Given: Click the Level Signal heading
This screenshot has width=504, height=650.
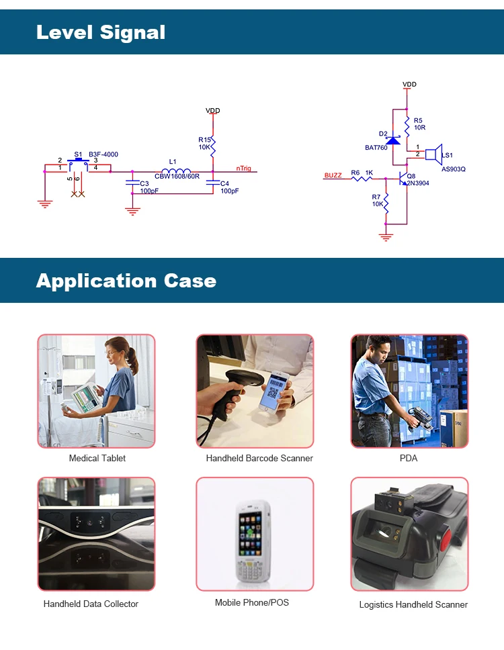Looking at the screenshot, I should pyautogui.click(x=101, y=32).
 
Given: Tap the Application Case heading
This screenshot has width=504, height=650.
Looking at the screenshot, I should pyautogui.click(x=126, y=281).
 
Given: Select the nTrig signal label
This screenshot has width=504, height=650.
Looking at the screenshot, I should pyautogui.click(x=244, y=169).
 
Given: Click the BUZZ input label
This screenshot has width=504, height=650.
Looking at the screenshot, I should pyautogui.click(x=333, y=175).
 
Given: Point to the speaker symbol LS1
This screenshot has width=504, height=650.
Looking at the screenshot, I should pyautogui.click(x=433, y=154).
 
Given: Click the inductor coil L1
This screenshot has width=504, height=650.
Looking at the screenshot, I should pyautogui.click(x=176, y=171).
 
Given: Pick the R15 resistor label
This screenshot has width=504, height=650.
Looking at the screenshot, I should pyautogui.click(x=204, y=140).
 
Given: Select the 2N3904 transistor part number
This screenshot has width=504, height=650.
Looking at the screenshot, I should pyautogui.click(x=418, y=183).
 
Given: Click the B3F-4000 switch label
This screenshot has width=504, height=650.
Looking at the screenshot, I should pyautogui.click(x=103, y=154).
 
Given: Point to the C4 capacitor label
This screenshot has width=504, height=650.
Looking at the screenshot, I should pyautogui.click(x=224, y=183).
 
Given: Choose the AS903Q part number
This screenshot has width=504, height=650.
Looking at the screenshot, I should pyautogui.click(x=454, y=169).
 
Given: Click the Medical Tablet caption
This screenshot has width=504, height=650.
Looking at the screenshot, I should pyautogui.click(x=97, y=458).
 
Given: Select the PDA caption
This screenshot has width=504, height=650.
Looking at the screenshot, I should pyautogui.click(x=409, y=458).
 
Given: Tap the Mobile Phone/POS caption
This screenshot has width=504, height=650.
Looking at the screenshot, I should pyautogui.click(x=252, y=602).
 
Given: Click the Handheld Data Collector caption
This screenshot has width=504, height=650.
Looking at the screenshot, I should pyautogui.click(x=91, y=604).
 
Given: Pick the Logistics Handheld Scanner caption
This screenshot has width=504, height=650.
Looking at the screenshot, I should pyautogui.click(x=413, y=604).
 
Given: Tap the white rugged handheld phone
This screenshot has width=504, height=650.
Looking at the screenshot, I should pyautogui.click(x=251, y=541).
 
